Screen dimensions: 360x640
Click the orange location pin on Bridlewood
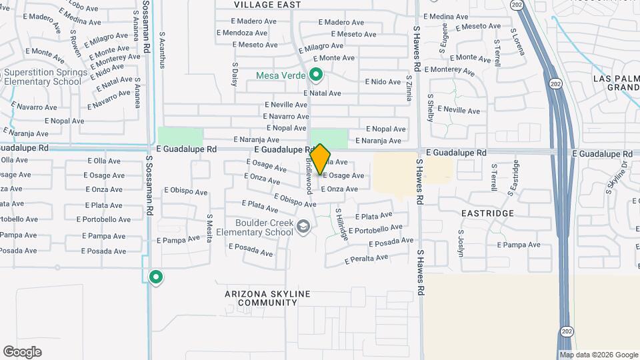point(320,159)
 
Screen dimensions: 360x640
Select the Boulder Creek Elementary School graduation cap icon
point(304,227)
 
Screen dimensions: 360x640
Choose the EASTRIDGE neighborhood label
point(487,213)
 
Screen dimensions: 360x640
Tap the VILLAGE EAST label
point(267,5)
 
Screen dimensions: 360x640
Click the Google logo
point(22,352)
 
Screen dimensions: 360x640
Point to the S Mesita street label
point(209,227)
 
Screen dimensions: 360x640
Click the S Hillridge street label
point(341,223)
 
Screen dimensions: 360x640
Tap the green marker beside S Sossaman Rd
point(156,277)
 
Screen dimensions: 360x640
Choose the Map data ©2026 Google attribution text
point(599,355)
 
